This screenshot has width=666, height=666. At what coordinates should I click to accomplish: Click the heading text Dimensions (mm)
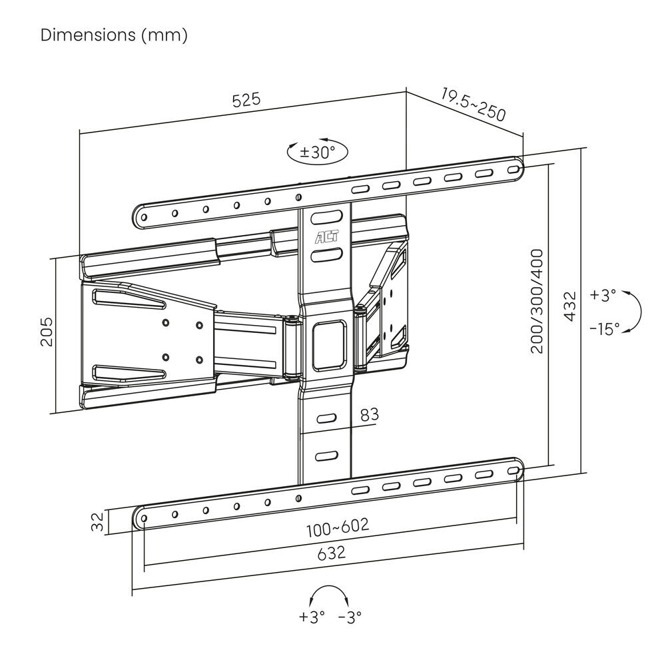coord(114,35)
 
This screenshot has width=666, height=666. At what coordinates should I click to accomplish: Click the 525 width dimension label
coord(246,101)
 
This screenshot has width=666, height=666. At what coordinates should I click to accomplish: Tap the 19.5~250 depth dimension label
coord(473,103)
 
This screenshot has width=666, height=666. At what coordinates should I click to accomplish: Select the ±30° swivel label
coord(317,152)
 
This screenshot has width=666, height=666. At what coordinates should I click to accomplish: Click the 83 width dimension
coord(369,414)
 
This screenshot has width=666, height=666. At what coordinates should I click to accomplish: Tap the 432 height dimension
coord(569,306)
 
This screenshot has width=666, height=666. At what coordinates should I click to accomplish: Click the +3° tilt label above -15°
coord(603,295)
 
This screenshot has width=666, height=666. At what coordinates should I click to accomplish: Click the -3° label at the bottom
coord(349,617)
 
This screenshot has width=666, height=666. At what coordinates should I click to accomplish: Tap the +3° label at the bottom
coord(312,617)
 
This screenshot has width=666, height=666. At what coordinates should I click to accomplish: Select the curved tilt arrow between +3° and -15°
coord(635,312)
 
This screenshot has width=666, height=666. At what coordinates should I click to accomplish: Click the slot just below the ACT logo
coord(324,255)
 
